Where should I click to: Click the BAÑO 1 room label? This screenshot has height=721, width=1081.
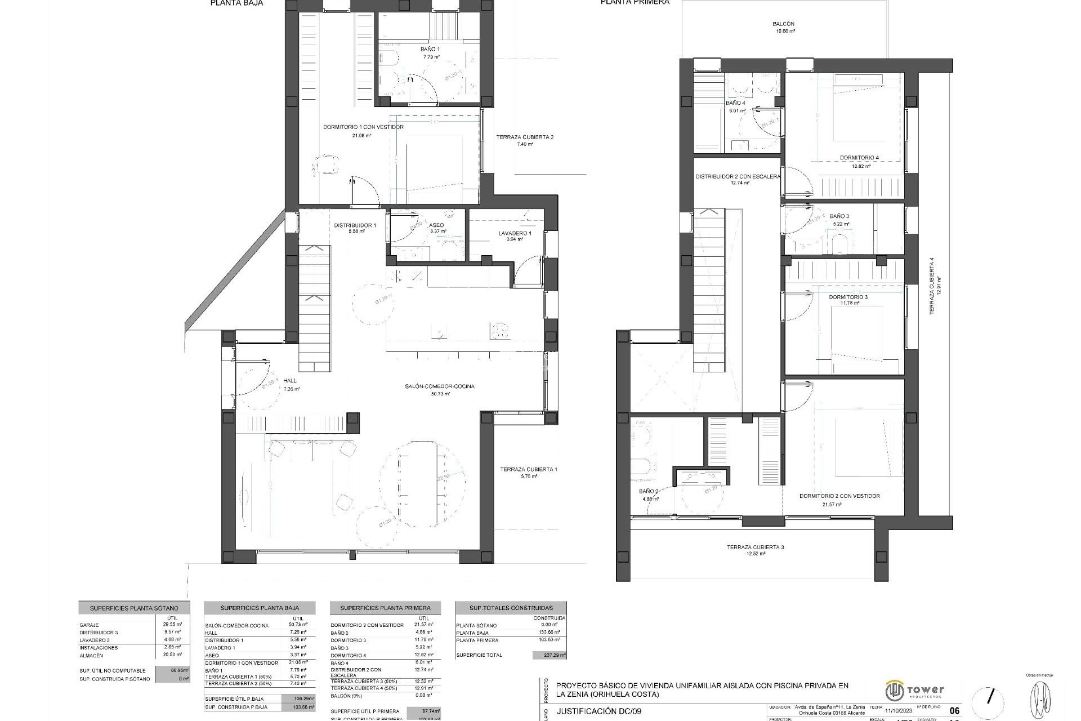(x=430, y=50)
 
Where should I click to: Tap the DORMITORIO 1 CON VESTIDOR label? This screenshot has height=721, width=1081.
(x=363, y=127)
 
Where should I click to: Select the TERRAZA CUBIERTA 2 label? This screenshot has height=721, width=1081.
(x=525, y=137)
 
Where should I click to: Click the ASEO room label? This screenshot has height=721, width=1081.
(x=436, y=225)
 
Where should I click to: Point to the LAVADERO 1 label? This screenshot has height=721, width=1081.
(x=515, y=233)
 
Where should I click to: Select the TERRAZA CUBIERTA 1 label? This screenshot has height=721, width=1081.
(x=529, y=469)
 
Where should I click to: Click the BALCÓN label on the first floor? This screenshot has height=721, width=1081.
(x=783, y=24)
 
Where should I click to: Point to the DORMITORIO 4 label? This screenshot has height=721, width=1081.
(x=859, y=158)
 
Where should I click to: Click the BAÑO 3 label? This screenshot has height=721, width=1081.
(x=839, y=216)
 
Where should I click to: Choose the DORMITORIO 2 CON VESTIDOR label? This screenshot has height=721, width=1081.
(x=839, y=496)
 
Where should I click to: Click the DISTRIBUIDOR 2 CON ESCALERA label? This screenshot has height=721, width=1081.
(x=738, y=176)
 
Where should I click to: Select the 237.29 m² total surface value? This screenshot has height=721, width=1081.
(x=549, y=655)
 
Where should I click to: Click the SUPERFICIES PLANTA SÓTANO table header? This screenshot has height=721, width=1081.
(x=134, y=608)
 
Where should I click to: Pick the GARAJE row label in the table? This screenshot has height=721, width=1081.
(x=90, y=625)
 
